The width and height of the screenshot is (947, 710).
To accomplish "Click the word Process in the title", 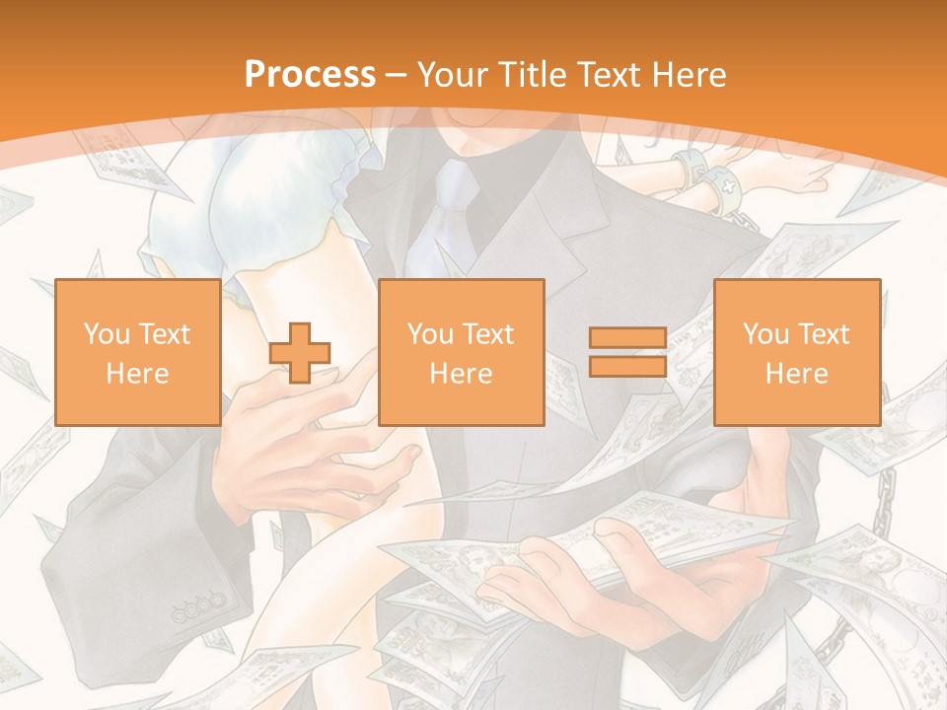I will (310, 74).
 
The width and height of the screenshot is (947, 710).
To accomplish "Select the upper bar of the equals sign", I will (627, 338).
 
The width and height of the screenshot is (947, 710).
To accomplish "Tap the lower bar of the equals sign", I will (627, 367).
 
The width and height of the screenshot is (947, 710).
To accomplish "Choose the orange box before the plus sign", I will (137, 352).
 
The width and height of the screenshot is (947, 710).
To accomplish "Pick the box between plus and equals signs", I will (461, 352).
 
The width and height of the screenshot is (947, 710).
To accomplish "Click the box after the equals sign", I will (796, 352).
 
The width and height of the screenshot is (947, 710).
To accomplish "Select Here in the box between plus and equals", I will (461, 374).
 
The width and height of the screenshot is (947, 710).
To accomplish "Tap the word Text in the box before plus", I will (164, 334).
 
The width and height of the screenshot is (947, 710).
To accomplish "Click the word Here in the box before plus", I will (137, 374).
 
